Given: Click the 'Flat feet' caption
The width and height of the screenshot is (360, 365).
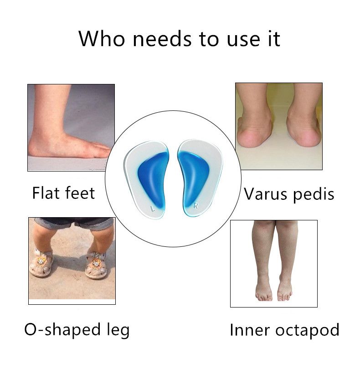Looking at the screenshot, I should tap(63, 193).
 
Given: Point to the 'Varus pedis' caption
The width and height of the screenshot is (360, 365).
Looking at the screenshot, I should tap(289, 194).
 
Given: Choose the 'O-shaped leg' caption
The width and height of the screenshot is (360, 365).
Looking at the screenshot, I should tap(77, 329).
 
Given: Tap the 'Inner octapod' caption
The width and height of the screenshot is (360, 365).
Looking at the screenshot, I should tap(284, 330).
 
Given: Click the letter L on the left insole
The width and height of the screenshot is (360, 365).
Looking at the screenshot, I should tap(152, 209).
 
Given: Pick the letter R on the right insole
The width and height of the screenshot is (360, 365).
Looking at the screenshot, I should tap(195, 205).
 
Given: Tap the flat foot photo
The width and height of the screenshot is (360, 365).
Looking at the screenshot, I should tap(71, 127).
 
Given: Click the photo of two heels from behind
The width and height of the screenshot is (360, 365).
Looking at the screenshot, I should tap(278, 126).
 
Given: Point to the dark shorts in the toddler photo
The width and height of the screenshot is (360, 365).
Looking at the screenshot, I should tap(73, 224).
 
